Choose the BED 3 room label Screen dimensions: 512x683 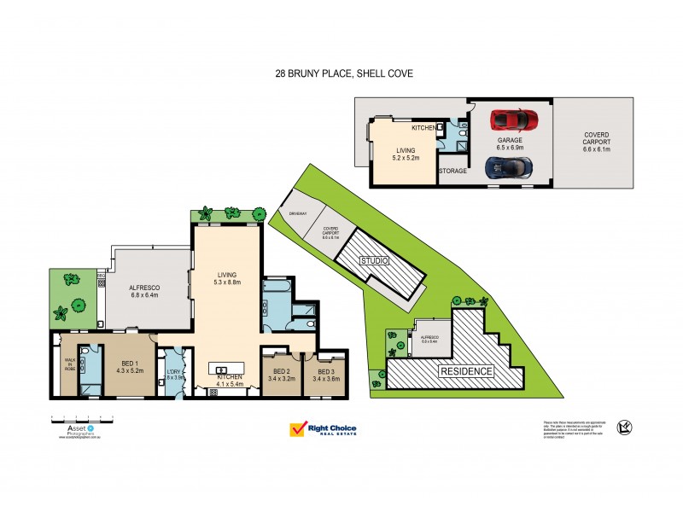pyautogui.click(x=327, y=375)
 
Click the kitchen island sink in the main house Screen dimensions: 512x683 pyautogui.click(x=221, y=369)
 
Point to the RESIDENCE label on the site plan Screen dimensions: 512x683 pyautogui.click(x=466, y=371)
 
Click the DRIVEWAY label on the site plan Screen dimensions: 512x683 pyautogui.click(x=297, y=212)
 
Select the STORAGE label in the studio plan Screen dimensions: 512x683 pyautogui.click(x=452, y=171)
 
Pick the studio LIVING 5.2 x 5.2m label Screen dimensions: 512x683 pyautogui.click(x=405, y=154)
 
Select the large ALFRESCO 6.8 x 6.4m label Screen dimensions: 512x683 pyautogui.click(x=145, y=293)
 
